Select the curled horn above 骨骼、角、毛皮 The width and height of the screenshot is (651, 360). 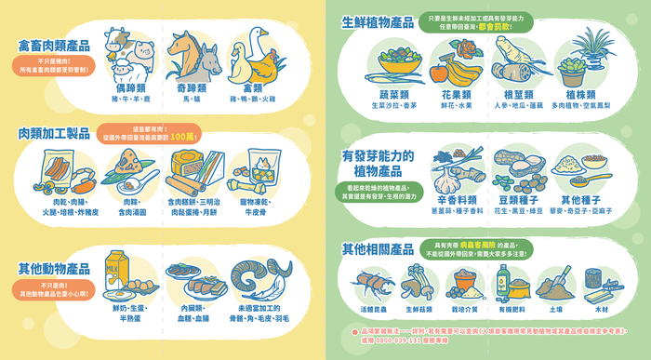point(263,274)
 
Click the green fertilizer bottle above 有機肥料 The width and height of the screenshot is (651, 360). point(502,277)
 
